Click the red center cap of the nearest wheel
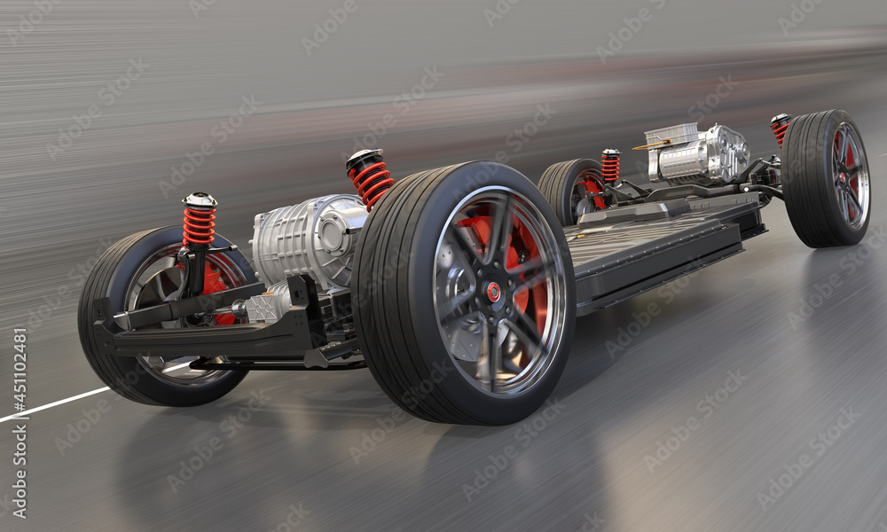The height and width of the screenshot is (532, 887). coord(493,291)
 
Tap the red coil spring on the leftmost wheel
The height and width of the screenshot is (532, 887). coord(199,226)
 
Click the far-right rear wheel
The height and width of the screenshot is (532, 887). coord(827,177)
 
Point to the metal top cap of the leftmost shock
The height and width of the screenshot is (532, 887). coord(200,199)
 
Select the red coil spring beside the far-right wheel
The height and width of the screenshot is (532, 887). coord(780,129)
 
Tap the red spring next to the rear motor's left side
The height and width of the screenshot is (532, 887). coord(610,166)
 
